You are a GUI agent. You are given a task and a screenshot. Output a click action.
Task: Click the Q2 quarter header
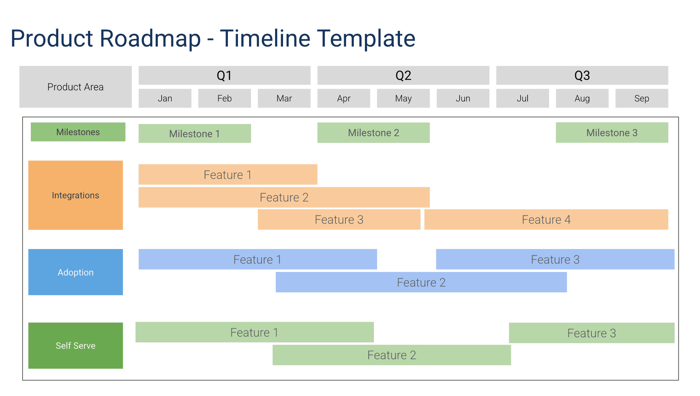pyautogui.click(x=403, y=75)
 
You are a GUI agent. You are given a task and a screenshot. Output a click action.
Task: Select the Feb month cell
pyautogui.click(x=224, y=98)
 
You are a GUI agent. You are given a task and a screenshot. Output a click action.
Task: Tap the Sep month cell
pyautogui.click(x=641, y=98)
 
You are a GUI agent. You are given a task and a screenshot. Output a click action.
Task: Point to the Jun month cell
pyautogui.click(x=463, y=98)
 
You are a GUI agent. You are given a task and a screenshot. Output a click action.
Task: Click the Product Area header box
pyautogui.click(x=75, y=87)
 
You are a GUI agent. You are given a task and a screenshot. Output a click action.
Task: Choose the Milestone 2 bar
pyautogui.click(x=373, y=133)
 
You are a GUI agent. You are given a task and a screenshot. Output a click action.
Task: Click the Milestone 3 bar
pyautogui.click(x=612, y=133)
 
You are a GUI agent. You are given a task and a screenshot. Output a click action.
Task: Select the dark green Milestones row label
pyautogui.click(x=78, y=132)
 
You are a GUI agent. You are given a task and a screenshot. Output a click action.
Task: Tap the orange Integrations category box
pyautogui.click(x=75, y=195)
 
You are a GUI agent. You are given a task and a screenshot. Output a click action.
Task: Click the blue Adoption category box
pyautogui.click(x=75, y=272)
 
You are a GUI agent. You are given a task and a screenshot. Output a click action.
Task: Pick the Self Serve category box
pyautogui.click(x=75, y=345)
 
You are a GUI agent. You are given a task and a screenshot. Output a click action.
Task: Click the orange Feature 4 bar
pyautogui.click(x=546, y=220)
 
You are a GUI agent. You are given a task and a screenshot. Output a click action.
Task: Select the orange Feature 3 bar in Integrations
pyautogui.click(x=339, y=220)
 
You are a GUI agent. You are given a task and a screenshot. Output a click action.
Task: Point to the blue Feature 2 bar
pyautogui.click(x=421, y=282)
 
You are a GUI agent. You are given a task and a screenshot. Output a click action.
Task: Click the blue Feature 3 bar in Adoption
pyautogui.click(x=555, y=259)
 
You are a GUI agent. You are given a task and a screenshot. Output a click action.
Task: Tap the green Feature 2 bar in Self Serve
pyautogui.click(x=391, y=355)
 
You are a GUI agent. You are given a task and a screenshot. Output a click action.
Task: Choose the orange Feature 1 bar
pyautogui.click(x=228, y=175)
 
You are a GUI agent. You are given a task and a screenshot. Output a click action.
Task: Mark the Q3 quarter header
pyautogui.click(x=582, y=75)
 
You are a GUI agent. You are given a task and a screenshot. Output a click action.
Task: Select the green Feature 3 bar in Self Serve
pyautogui.click(x=591, y=333)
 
